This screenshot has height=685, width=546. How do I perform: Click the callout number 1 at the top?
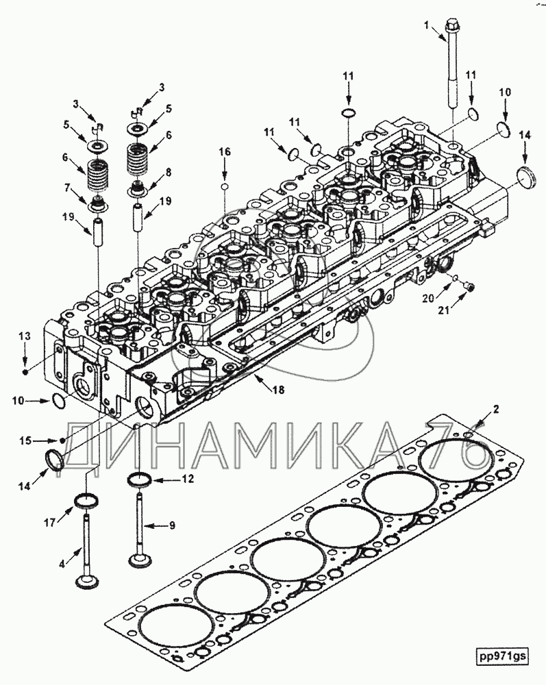(427, 25)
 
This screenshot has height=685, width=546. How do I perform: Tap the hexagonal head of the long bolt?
(451, 25)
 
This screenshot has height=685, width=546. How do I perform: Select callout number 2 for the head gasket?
(496, 410)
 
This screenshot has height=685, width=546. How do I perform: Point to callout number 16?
(224, 152)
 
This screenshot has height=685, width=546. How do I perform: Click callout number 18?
(278, 389)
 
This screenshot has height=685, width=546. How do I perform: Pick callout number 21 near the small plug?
(444, 310)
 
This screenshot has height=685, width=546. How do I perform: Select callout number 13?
(25, 336)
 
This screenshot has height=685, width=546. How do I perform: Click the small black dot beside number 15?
(63, 440)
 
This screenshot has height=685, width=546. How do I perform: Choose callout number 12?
(188, 480)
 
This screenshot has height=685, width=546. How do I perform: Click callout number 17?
(51, 522)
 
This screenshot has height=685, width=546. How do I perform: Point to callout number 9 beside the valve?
(172, 525)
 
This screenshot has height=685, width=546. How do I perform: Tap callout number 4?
(62, 564)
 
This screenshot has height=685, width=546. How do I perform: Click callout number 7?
(67, 188)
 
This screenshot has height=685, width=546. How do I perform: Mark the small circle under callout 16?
(224, 187)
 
